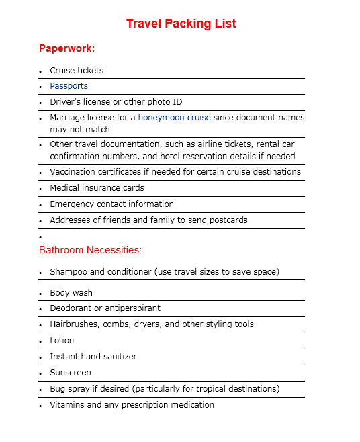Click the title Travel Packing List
(181, 24)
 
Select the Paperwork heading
(66, 48)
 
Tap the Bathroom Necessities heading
(90, 250)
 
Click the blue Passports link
(69, 86)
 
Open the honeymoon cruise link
(174, 118)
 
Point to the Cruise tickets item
(77, 71)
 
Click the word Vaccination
(73, 172)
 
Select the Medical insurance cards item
(97, 188)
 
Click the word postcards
(227, 220)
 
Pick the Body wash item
(71, 293)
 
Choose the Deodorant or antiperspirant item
(105, 308)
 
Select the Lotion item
(62, 341)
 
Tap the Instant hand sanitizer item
(93, 357)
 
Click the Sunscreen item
(71, 373)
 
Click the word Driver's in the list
(65, 102)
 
